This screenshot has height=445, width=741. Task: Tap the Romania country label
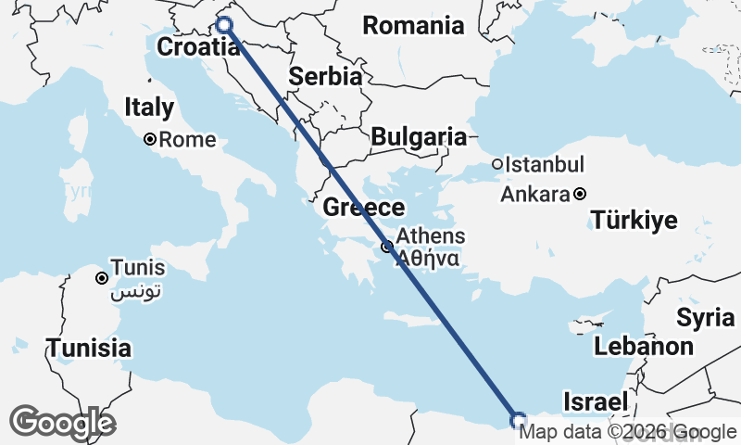pyautogui.click(x=413, y=26)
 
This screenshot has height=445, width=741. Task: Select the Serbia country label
pyautogui.click(x=325, y=77)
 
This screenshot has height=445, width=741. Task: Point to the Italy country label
pyautogui.click(x=149, y=108)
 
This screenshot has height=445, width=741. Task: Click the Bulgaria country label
pyautogui.click(x=418, y=137)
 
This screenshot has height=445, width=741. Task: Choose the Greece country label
pyautogui.click(x=364, y=208)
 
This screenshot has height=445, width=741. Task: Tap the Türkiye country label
pyautogui.click(x=634, y=221)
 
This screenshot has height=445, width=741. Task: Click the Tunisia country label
pyautogui.click(x=89, y=350)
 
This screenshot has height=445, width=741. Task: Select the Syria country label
pyautogui.click(x=705, y=318)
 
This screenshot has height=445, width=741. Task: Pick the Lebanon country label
pyautogui.click(x=644, y=347)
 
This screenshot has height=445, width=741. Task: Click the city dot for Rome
pyautogui.click(x=149, y=140)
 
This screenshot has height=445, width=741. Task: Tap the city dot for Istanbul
pyautogui.click(x=497, y=164)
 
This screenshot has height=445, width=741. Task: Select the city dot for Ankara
pyautogui.click(x=579, y=195)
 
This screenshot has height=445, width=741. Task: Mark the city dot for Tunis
pyautogui.click(x=102, y=277)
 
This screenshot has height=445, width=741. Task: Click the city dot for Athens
pyautogui.click(x=386, y=247)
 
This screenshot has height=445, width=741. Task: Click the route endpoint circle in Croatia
pyautogui.click(x=224, y=25)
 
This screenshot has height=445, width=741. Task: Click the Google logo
pyautogui.click(x=62, y=423)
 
